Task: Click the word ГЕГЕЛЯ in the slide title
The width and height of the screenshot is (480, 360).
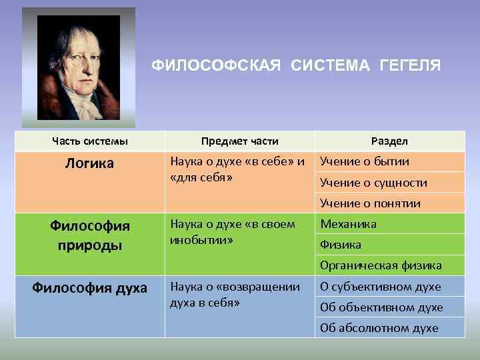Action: [x=409, y=65]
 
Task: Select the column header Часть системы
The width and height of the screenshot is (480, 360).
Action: [x=90, y=141]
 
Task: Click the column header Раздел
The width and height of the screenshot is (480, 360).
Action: [x=390, y=141]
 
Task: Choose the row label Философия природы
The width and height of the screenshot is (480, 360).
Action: [x=90, y=235]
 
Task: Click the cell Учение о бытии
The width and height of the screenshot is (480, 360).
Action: [x=365, y=161]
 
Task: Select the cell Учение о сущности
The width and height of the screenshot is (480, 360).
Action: [x=373, y=183]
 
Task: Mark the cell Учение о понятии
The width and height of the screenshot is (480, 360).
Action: [x=370, y=203]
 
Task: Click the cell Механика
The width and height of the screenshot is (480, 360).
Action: [x=348, y=224]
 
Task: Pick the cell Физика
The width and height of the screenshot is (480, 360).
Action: [x=341, y=245]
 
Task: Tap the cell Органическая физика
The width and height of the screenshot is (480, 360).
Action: [x=381, y=265]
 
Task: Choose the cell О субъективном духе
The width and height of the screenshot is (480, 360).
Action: [x=381, y=287]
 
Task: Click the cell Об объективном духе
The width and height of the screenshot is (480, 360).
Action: [x=381, y=307]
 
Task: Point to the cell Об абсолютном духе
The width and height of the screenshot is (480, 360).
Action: [x=379, y=328]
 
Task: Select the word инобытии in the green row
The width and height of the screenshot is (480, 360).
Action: [x=199, y=238]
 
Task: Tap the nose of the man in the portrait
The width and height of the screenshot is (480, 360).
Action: [x=73, y=68]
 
